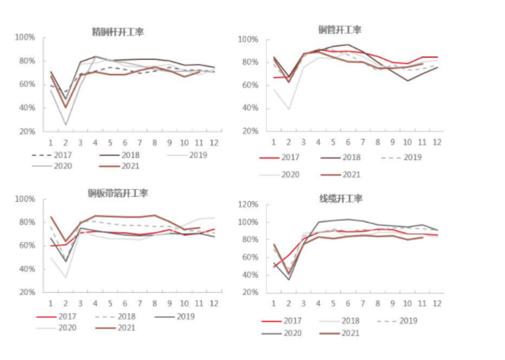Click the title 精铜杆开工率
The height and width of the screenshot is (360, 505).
pyautogui.click(x=117, y=32)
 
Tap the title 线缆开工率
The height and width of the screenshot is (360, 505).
pyautogui.click(x=341, y=198)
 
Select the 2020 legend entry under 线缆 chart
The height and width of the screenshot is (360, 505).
pyautogui.click(x=289, y=333)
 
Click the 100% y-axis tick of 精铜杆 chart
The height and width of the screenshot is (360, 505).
pyautogui.click(x=25, y=37)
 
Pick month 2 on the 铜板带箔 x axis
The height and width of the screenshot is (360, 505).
pyautogui.click(x=66, y=303)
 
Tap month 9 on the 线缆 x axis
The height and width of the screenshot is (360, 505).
pyautogui.click(x=392, y=303)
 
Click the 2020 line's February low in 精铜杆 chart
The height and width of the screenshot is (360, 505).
pyautogui.click(x=66, y=125)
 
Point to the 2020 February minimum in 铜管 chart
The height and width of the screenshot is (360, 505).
pyautogui.click(x=289, y=109)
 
